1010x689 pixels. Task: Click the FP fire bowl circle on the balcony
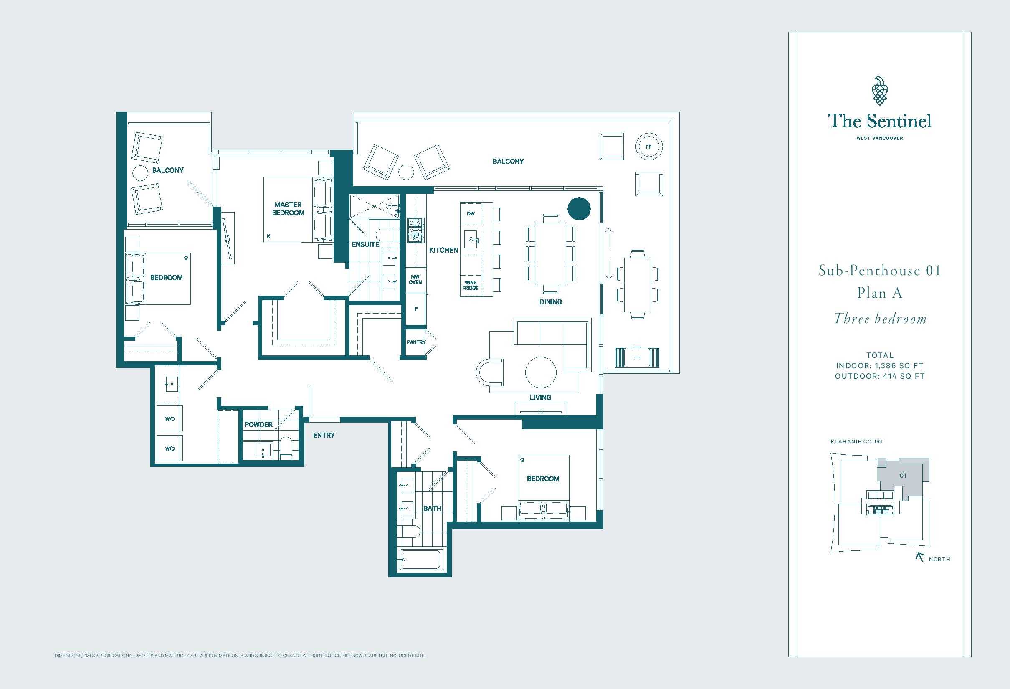(648, 147)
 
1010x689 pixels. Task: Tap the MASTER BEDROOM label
(288, 209)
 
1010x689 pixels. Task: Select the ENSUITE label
(365, 244)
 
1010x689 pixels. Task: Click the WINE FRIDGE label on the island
(471, 285)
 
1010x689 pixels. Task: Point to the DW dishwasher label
(471, 213)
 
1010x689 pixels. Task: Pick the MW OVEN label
(415, 279)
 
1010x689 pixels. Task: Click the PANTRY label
(416, 342)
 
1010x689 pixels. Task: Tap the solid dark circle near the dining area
(579, 209)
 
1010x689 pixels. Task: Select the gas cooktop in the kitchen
(415, 230)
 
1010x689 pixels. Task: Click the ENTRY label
(324, 435)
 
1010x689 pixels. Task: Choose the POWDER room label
(258, 424)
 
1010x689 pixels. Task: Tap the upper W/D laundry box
(170, 419)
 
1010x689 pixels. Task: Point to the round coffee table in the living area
(541, 372)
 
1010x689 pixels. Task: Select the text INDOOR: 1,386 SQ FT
(880, 365)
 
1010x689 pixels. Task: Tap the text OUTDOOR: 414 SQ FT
(880, 376)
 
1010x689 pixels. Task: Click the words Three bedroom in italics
(880, 319)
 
